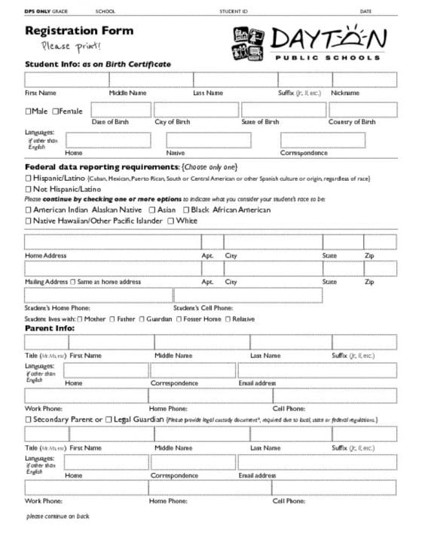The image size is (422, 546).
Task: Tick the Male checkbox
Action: click(29, 111)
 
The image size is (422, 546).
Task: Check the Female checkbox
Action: click(56, 111)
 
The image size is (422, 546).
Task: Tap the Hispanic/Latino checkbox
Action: click(29, 178)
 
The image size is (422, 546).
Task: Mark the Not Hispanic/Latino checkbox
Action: click(29, 189)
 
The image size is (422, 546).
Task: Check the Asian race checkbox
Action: click(152, 210)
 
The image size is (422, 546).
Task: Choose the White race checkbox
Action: click(171, 221)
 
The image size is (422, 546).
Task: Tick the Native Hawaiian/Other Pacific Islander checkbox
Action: click(29, 221)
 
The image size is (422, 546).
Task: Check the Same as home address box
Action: click(73, 282)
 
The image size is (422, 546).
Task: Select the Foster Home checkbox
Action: click(179, 319)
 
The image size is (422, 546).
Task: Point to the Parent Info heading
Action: click(50, 329)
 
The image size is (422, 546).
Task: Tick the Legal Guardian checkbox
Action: click(109, 419)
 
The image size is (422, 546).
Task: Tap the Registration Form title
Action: click(79, 32)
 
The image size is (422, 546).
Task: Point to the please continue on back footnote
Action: click(57, 516)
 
